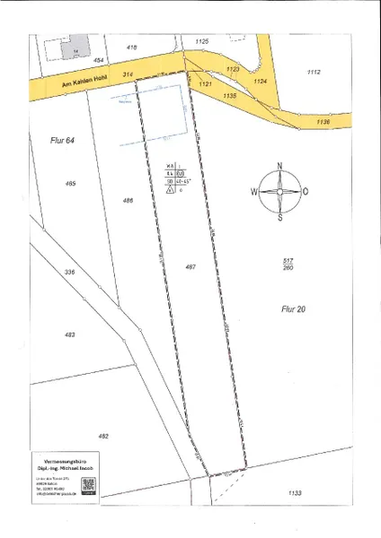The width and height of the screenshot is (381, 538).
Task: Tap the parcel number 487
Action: (190, 266)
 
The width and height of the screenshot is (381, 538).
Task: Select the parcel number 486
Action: (128, 201)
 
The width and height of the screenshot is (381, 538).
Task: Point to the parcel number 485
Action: (70, 183)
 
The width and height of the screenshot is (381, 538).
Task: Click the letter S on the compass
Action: (280, 216)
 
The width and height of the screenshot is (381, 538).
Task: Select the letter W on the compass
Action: (254, 192)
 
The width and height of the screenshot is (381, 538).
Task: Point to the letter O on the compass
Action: (306, 192)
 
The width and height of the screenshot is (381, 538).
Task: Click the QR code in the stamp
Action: (88, 485)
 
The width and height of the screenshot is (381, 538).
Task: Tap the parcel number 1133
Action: (294, 493)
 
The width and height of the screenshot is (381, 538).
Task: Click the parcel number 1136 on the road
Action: (323, 121)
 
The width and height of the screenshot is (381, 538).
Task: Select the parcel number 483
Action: (69, 334)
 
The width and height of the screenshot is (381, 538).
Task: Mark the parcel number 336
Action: (68, 270)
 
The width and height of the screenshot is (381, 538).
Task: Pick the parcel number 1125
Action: (201, 41)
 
